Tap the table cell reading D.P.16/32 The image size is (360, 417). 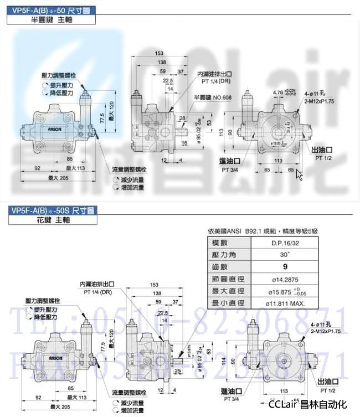click(279, 243)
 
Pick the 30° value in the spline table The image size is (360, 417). click(279, 255)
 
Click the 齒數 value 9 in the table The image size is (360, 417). click(279, 267)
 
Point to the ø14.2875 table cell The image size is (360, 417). click(279, 279)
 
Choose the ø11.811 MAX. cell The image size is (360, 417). click(279, 303)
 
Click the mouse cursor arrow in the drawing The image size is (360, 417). click(300, 174)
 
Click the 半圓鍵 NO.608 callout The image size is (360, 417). click(209, 97)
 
